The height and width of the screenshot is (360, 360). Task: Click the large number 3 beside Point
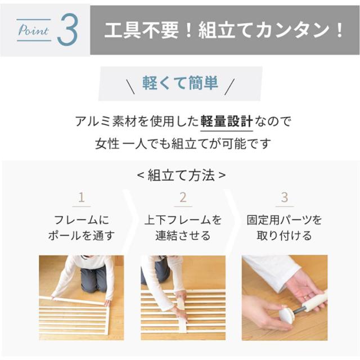pos(66,31)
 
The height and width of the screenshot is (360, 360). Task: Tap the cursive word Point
pos(33,31)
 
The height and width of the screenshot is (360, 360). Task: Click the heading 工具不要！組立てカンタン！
pos(224,30)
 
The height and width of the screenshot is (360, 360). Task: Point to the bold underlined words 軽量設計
pos(227,120)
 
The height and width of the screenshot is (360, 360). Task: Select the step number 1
pos(82,197)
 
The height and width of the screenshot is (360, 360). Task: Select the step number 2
pos(183,197)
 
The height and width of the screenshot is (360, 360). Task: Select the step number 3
pos(284,197)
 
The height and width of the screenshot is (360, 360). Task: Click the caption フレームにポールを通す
pos(82,227)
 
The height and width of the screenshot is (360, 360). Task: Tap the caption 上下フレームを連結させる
pos(183,227)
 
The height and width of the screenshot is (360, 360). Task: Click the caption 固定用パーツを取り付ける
pos(284,227)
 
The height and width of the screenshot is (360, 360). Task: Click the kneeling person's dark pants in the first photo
pos(93,278)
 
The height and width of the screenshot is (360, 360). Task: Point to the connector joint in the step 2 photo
pos(182,323)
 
